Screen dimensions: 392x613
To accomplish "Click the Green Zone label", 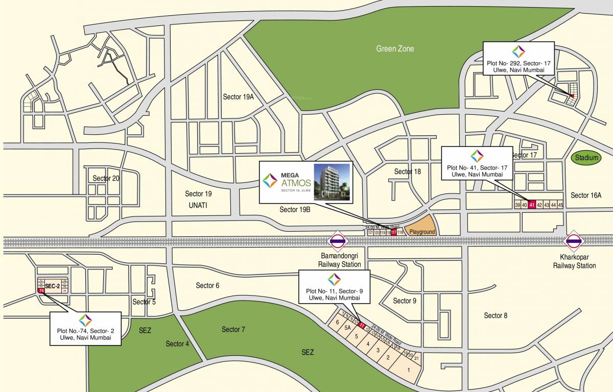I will [x=395, y=48].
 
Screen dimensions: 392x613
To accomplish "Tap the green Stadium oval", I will [x=586, y=158].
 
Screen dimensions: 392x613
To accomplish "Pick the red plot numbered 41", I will [x=531, y=205].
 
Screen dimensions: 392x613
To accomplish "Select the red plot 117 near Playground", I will [x=393, y=232].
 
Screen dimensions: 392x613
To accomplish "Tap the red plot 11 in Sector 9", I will [x=362, y=325].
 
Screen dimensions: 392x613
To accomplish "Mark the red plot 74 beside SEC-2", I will [x=40, y=290].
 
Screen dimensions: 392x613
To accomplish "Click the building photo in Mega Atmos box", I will [x=332, y=182].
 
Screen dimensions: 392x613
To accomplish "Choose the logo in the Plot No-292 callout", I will [x=518, y=51].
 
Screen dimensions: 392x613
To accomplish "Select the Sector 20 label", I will [x=106, y=178].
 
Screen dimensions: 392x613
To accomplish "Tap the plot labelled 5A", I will [x=347, y=328].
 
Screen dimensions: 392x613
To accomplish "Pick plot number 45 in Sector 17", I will [x=560, y=205].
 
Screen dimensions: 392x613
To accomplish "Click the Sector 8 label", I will [x=496, y=315].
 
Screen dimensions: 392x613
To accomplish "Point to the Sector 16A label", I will [x=586, y=195].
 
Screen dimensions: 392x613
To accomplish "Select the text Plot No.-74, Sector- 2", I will [x=85, y=331].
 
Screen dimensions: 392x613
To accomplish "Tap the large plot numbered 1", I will [x=408, y=370].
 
